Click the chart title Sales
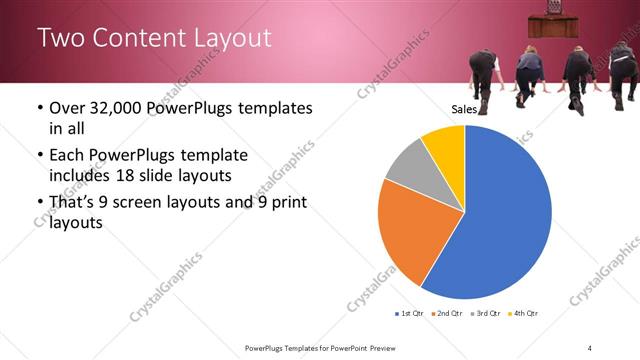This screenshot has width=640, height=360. pos(463,109)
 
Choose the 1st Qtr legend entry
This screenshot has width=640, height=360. pos(411,314)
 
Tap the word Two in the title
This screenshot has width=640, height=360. pos(58,39)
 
